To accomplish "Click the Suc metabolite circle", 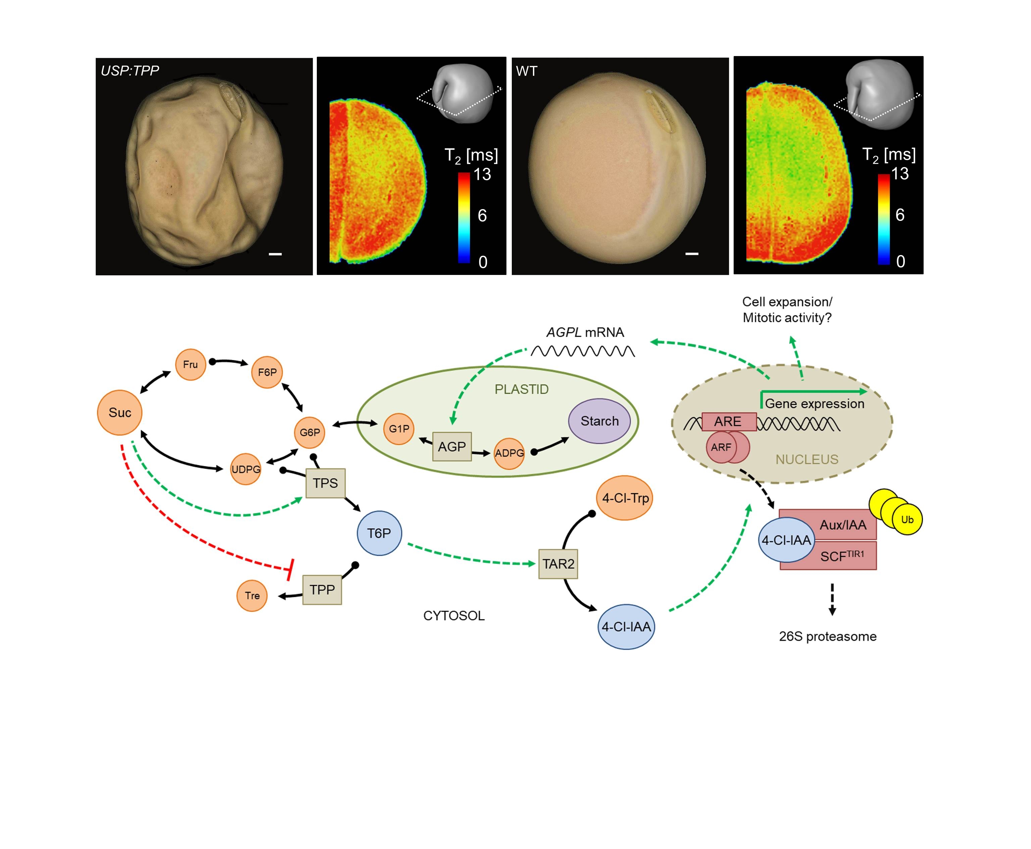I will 120,412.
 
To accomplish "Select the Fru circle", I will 190,364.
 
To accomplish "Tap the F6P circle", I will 267,372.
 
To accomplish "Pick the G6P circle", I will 309,432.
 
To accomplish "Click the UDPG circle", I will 245,469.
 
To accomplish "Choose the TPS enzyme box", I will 325,483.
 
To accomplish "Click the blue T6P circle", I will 379,533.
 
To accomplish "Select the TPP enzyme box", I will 322,590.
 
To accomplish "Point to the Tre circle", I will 252,596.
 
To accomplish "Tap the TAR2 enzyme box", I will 558,564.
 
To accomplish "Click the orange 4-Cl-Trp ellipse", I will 625,498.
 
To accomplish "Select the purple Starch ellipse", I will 599,421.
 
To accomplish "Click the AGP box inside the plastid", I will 452,446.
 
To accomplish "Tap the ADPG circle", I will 509,453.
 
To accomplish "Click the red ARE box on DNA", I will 728,422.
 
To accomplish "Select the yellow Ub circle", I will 907,519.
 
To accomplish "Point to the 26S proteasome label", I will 827,636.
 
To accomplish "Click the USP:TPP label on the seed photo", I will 130,71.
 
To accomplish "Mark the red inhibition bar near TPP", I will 290,569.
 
